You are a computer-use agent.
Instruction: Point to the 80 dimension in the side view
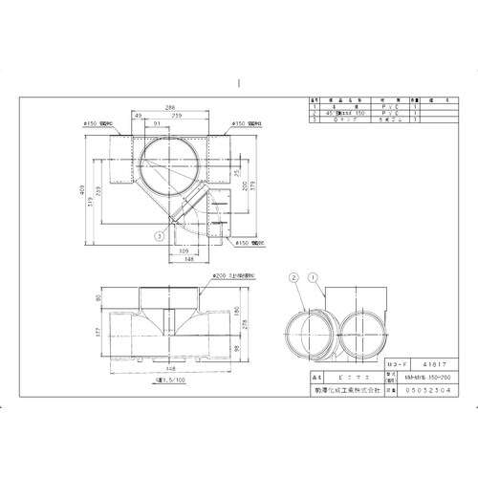pos(98,297)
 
